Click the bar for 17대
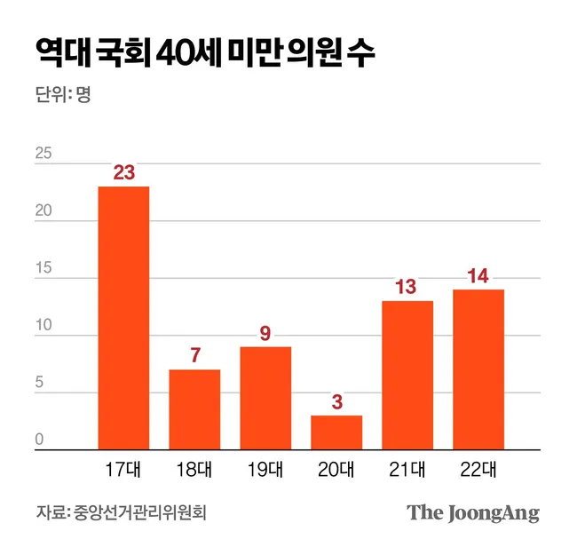pyautogui.click(x=123, y=318)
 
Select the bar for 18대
pyautogui.click(x=194, y=409)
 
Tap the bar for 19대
pyautogui.click(x=265, y=398)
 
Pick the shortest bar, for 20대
pyautogui.click(x=336, y=432)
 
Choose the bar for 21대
pyautogui.click(x=407, y=375)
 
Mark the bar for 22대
pyautogui.click(x=478, y=369)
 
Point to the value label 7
pyautogui.click(x=194, y=356)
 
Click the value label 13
pyautogui.click(x=407, y=288)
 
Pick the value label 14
pyautogui.click(x=478, y=276)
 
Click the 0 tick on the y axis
pyautogui.click(x=40, y=440)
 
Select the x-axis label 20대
pyautogui.click(x=336, y=468)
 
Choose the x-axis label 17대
pyautogui.click(x=123, y=468)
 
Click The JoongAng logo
pyautogui.click(x=473, y=513)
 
